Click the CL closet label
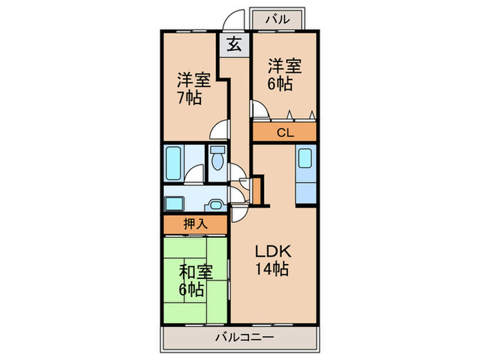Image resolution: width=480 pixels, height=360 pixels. click(285, 133)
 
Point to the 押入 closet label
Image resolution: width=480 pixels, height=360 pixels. click(195, 224)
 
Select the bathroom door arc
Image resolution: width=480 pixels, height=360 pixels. click(195, 176)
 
